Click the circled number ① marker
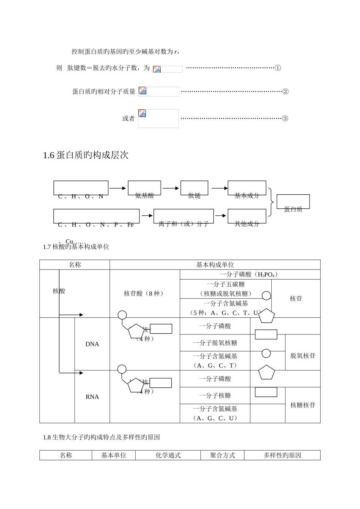coord(278,68)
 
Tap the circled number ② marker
coord(286,92)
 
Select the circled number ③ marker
coord(285,119)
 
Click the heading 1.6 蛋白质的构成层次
coord(86,155)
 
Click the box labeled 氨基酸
coord(144,189)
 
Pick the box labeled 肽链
coord(194,189)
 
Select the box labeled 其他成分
coord(247,217)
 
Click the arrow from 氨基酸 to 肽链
coord(171,188)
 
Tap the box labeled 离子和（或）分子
coord(183,217)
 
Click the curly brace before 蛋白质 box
coord(271,202)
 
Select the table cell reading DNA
coord(92,344)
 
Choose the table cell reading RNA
coord(92,397)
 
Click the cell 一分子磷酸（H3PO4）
coord(250,275)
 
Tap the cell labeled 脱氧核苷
coord(303,356)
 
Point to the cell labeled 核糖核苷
coord(303,405)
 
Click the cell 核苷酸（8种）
coord(144,294)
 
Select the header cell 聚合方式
coord(222,455)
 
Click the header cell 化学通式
coord(168,455)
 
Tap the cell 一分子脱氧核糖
coord(215,343)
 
